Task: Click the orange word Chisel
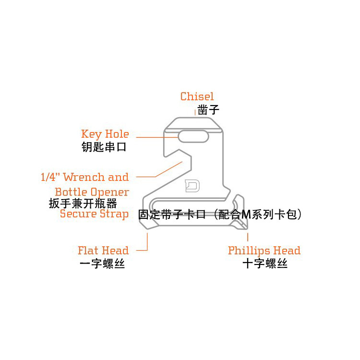(x=197, y=96)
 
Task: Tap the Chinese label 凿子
(x=208, y=110)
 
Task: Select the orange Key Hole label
(x=105, y=134)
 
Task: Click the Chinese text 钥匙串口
(x=104, y=147)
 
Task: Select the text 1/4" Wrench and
(x=84, y=177)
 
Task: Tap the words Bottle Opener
(x=92, y=192)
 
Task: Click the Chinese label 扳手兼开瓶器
(x=83, y=203)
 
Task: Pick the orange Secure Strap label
(x=94, y=214)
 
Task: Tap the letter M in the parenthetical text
(x=246, y=215)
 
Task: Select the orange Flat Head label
(x=103, y=251)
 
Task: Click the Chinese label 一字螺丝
(x=102, y=264)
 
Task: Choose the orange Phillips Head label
(x=264, y=251)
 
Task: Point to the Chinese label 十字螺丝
(x=265, y=264)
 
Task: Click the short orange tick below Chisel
(x=195, y=111)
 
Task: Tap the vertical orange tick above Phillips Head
(x=248, y=236)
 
